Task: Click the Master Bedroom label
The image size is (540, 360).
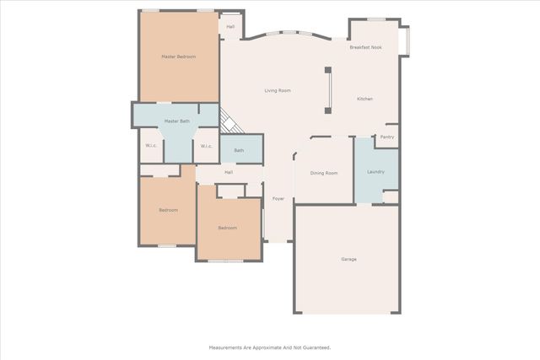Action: pyautogui.click(x=179, y=56)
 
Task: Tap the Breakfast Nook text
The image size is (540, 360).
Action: pyautogui.click(x=366, y=47)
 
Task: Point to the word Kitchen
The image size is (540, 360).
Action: pyautogui.click(x=364, y=99)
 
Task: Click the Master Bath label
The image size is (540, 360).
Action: pyautogui.click(x=177, y=121)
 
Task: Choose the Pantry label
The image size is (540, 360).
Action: pyautogui.click(x=387, y=137)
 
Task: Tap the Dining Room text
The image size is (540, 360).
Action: pyautogui.click(x=324, y=173)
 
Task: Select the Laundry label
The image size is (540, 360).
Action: pyautogui.click(x=376, y=172)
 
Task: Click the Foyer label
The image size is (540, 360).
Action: pyautogui.click(x=278, y=199)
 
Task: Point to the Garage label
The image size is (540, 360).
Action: pyautogui.click(x=348, y=259)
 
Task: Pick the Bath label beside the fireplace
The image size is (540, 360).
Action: pyautogui.click(x=240, y=150)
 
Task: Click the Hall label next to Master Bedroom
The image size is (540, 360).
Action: pyautogui.click(x=230, y=27)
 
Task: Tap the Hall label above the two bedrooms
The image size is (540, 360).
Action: pyautogui.click(x=229, y=172)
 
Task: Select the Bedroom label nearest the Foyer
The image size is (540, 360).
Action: pyautogui.click(x=228, y=228)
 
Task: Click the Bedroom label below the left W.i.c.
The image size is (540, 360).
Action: pyautogui.click(x=168, y=210)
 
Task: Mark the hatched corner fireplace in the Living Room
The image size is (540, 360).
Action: pyautogui.click(x=229, y=121)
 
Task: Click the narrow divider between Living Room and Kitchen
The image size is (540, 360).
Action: pyautogui.click(x=329, y=88)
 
